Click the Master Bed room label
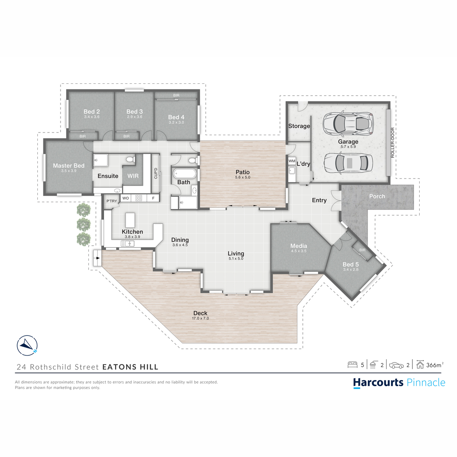69,166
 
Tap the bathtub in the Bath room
185,173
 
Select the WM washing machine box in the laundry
292,161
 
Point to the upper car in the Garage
348,123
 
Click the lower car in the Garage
348,163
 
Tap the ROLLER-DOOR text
393,142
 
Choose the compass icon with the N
27,345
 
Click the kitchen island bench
130,220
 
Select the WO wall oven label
126,198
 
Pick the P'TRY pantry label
112,201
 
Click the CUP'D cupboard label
156,173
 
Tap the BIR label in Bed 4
176,95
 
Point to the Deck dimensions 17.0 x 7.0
200,318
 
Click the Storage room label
299,126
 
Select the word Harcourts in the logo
378,382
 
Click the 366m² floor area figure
435,365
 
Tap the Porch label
377,197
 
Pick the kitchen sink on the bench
128,243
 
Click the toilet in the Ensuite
130,159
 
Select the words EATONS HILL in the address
130,367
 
